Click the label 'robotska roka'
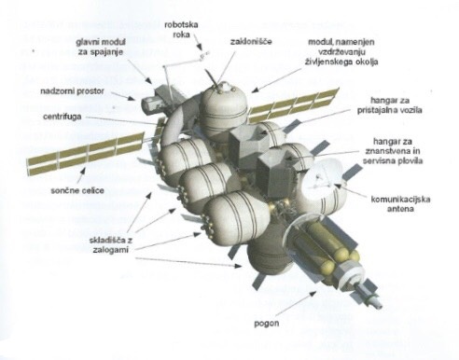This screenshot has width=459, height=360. click(181, 29)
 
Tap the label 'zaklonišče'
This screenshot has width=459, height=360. click(251, 41)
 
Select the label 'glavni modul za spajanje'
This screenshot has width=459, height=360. click(101, 47)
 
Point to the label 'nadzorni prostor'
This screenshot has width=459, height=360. click(73, 91)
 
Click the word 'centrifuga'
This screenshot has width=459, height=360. click(63, 117)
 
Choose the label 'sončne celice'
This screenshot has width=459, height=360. click(77, 190)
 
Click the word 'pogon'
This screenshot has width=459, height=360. click(267, 324)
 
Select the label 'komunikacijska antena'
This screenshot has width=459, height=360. click(400, 203)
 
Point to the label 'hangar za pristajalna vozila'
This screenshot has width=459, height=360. click(389, 105)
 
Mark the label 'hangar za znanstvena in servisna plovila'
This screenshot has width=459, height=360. click(393, 151)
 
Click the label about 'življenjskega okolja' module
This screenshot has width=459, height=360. click(341, 52)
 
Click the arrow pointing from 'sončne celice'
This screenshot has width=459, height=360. click(81, 175)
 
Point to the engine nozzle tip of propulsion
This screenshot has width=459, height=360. click(380, 305)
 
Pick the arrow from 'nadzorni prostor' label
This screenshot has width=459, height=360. click(123, 96)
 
